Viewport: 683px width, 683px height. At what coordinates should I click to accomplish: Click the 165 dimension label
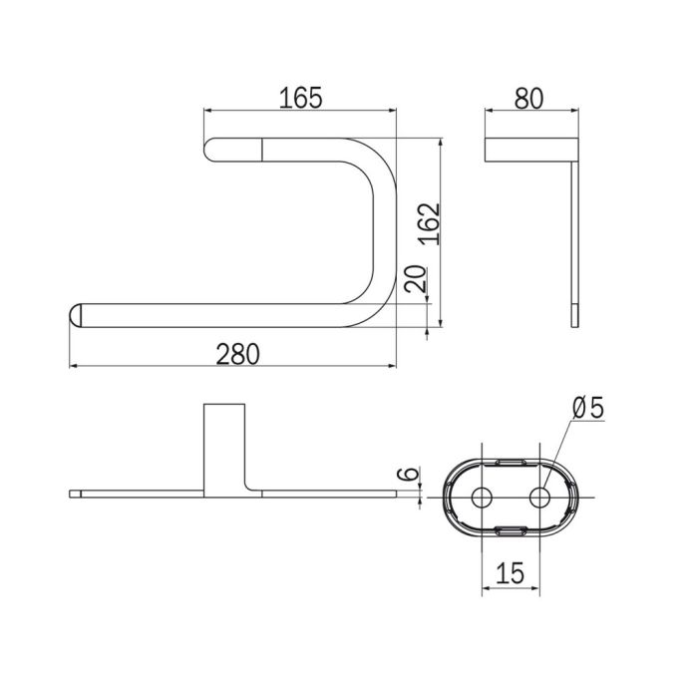click(300, 98)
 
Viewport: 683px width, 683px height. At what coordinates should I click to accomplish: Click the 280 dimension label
click(238, 353)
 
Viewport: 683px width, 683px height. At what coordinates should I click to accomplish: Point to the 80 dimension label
click(530, 98)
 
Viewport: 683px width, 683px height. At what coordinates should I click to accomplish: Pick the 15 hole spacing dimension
click(510, 572)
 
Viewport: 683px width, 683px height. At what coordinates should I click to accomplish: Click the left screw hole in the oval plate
click(482, 496)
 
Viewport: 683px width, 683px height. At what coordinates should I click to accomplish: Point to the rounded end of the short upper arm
click(210, 150)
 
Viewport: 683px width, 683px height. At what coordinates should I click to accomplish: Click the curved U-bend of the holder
click(375, 189)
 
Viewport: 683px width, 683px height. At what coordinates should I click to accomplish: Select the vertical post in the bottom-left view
click(223, 444)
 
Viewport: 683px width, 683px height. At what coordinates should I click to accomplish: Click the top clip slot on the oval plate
click(511, 461)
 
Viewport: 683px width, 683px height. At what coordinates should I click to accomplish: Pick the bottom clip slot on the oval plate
click(511, 529)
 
